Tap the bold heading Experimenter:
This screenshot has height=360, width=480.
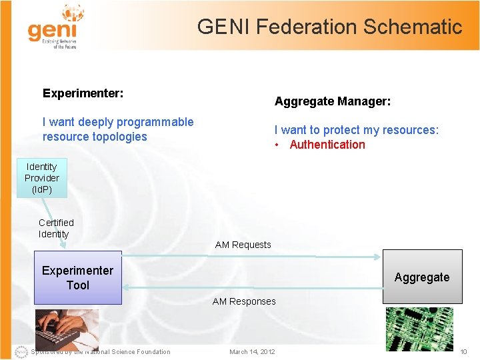tap(83, 93)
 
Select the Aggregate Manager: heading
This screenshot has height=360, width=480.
tap(333, 101)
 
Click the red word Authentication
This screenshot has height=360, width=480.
tap(327, 145)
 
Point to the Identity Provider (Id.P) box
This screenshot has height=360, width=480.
tap(42, 178)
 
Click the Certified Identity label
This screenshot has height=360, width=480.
tap(56, 228)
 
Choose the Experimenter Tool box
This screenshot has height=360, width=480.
tap(78, 277)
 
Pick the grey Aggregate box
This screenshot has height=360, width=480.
tap(422, 277)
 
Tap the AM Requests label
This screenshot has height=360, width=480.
tap(243, 245)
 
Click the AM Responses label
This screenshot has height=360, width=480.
tap(244, 301)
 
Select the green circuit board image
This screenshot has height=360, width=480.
tap(419, 329)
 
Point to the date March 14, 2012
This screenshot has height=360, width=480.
tap(252, 352)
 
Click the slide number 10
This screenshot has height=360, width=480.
tap(464, 352)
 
